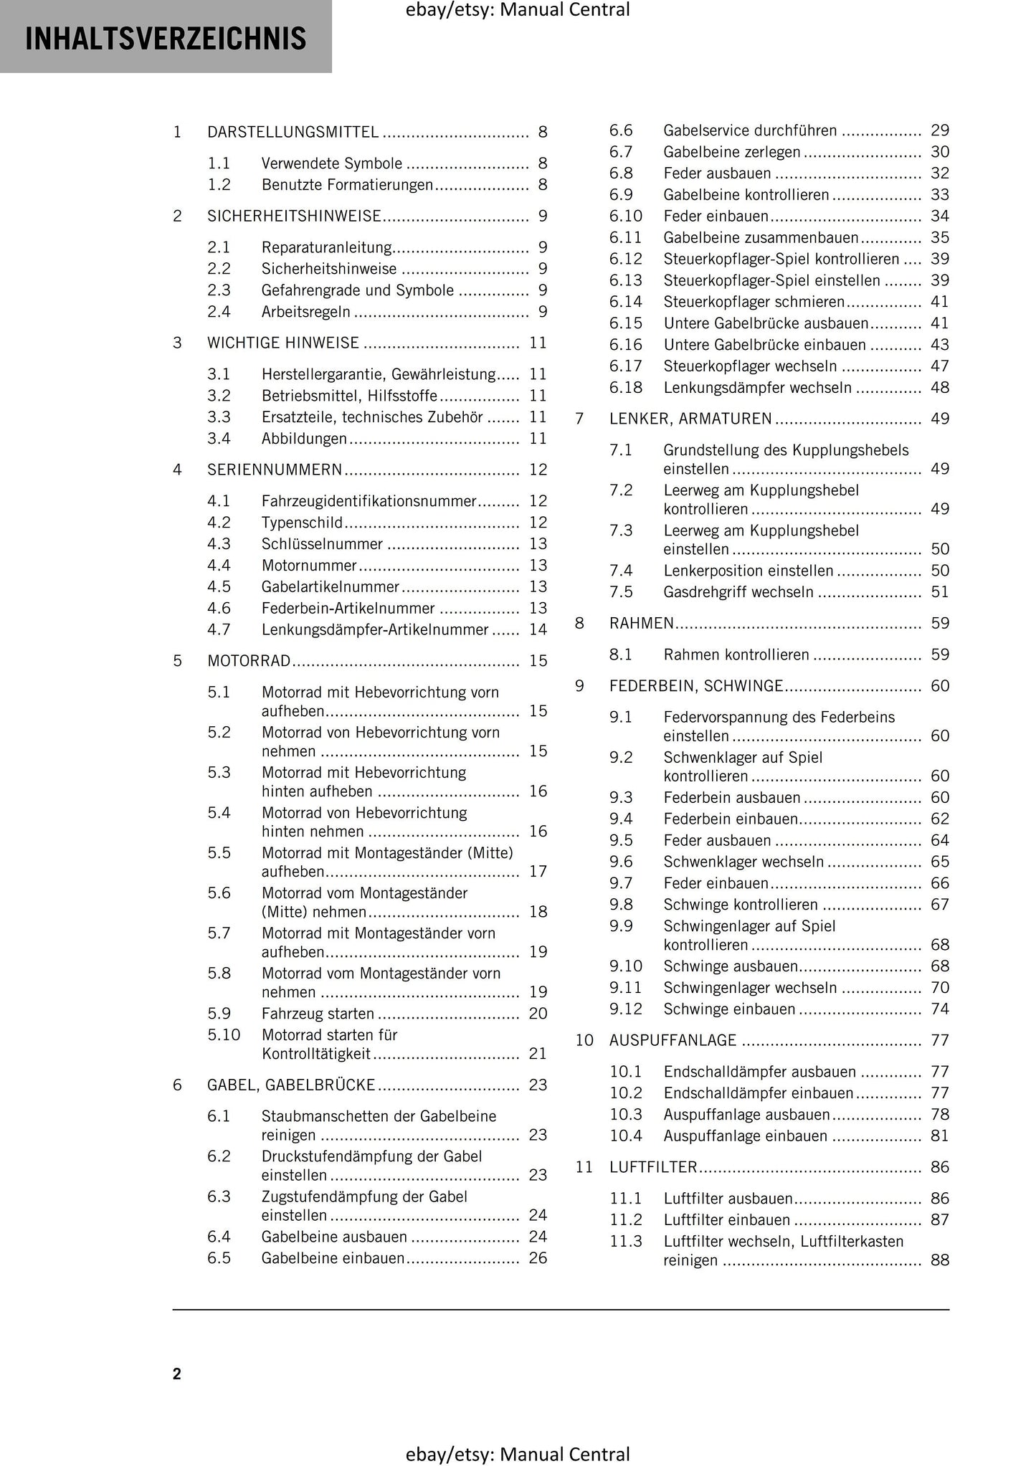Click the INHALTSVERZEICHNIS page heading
pos(166,38)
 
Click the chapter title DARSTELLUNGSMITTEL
pos(293,132)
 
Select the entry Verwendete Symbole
pos(331,163)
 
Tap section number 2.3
pos(219,290)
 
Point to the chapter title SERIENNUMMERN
pos(275,470)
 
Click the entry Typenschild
pos(302,523)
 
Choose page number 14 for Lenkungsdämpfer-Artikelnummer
pos(538,630)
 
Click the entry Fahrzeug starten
pos(318,1014)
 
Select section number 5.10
pos(224,1035)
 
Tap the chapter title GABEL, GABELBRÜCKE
pos(291,1085)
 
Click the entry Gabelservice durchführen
pos(750,130)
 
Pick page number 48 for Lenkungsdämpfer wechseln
pos(939,388)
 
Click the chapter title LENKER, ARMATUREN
pos(690,419)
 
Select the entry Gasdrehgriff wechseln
pos(738,592)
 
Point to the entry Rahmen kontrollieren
pos(736,655)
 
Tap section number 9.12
pos(626,1009)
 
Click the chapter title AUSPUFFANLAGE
pos(673,1040)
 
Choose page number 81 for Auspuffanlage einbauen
pos(939,1136)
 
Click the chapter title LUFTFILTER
pos(653,1167)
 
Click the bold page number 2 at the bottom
pos(177,1374)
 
